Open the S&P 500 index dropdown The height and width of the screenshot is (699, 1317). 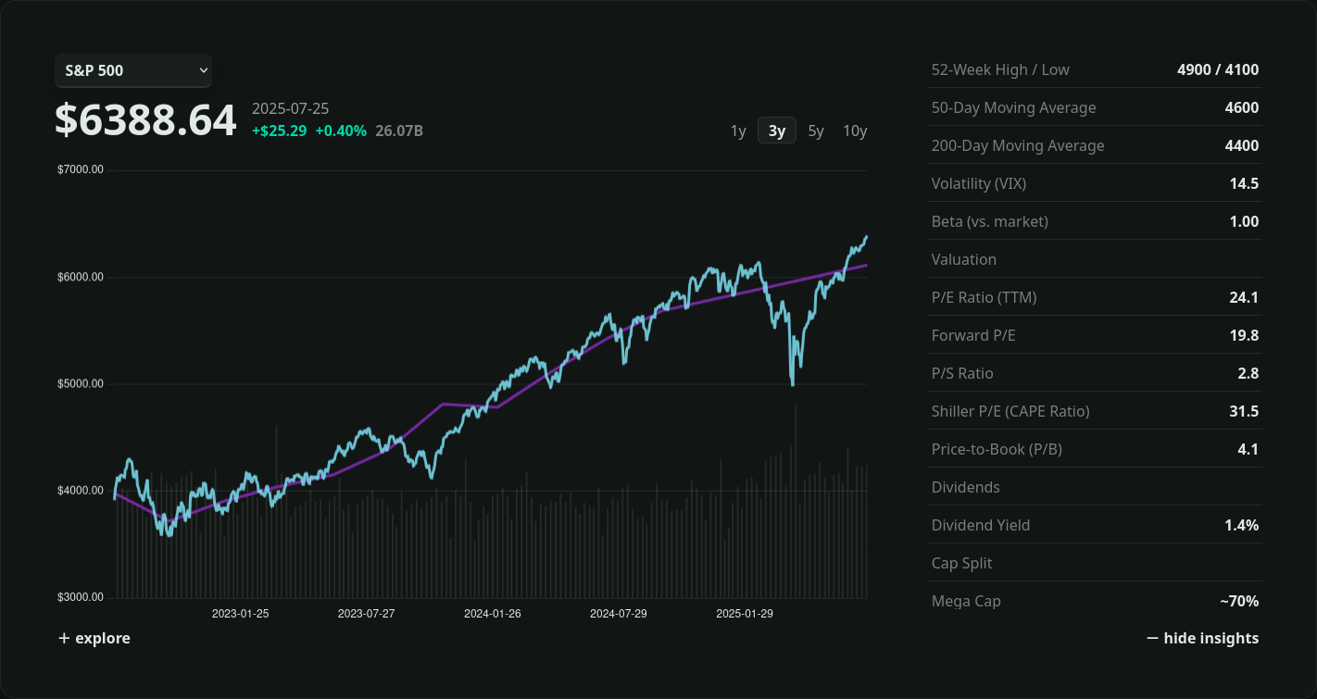click(133, 70)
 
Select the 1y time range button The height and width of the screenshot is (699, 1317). click(738, 131)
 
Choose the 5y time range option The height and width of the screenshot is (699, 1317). click(816, 131)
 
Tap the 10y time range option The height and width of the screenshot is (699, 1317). click(855, 131)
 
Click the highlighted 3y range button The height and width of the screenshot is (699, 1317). click(777, 131)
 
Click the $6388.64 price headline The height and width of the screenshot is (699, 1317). click(145, 121)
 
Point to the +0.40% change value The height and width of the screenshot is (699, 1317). click(341, 131)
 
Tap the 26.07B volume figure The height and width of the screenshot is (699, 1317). click(399, 131)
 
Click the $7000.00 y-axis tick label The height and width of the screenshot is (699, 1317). click(81, 169)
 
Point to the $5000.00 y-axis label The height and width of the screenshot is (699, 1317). click(81, 383)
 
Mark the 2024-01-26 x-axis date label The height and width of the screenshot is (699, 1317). click(492, 614)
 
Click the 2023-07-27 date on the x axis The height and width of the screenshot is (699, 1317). click(366, 614)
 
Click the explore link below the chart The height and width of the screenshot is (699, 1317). click(94, 638)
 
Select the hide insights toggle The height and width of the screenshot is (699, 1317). click(1202, 638)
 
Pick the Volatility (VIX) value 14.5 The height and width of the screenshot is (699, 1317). click(1244, 183)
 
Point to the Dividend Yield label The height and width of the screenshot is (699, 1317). click(981, 525)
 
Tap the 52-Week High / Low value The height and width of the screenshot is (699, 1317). click(1218, 69)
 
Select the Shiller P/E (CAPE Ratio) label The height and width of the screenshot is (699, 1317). click(1010, 411)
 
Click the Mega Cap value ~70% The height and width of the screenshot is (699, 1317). click(1239, 601)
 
